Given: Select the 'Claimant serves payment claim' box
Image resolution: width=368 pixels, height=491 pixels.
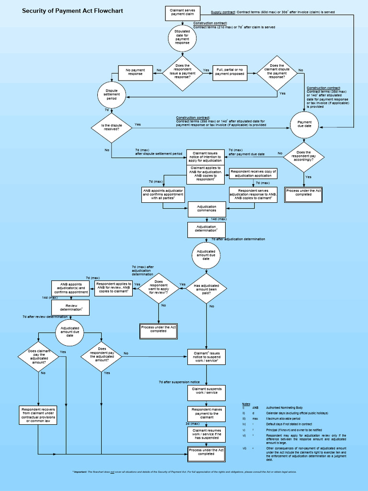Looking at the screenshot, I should (x=182, y=12).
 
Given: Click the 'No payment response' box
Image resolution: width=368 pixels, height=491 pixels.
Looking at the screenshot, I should (x=135, y=72).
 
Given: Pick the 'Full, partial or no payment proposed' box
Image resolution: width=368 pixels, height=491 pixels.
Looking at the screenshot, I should (x=229, y=72).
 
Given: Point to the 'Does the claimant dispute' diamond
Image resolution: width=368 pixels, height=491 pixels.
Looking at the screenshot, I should (x=277, y=72).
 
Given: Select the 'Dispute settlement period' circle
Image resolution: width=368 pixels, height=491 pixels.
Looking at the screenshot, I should (x=112, y=94).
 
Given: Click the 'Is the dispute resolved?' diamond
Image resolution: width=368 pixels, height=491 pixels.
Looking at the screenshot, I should (x=111, y=128).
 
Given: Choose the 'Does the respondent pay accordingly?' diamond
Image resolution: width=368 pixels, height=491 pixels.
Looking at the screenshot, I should (x=304, y=156).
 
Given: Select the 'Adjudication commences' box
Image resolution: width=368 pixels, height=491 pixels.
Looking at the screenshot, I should (x=207, y=209).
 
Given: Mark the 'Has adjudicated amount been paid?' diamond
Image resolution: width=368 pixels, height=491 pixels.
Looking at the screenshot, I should (x=206, y=288).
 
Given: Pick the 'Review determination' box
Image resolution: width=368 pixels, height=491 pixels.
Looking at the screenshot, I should (x=71, y=307).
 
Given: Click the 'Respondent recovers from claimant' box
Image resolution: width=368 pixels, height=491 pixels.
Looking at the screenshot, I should (x=38, y=415).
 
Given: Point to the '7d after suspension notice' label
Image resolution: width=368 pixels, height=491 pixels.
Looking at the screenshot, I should (x=178, y=382).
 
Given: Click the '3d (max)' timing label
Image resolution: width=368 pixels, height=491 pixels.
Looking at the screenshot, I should (x=193, y=424).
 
